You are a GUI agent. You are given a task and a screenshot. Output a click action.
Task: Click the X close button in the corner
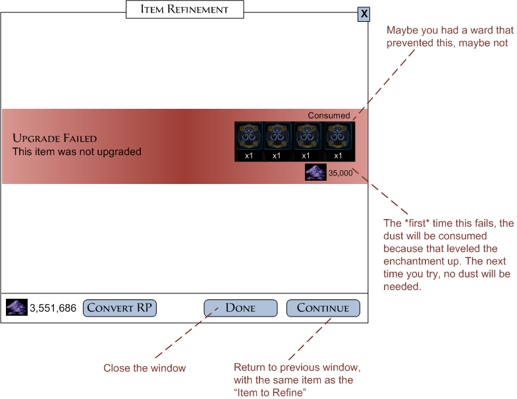coord(364,15)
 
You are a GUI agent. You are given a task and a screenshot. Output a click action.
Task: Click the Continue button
coord(323,308)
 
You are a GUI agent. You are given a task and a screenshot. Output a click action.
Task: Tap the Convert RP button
coord(119,308)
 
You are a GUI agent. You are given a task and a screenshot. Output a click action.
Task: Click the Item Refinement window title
coord(184,9)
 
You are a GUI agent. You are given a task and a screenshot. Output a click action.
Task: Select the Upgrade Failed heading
coord(55,138)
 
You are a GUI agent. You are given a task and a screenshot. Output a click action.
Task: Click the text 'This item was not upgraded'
coord(77,152)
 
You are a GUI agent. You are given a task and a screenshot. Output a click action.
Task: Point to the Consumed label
coord(329,115)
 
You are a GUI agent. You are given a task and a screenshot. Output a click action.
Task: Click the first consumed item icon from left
coord(249,137)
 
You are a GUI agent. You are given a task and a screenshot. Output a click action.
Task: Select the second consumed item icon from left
coord(277,137)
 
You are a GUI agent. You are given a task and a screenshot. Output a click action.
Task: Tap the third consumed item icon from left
coord(306,137)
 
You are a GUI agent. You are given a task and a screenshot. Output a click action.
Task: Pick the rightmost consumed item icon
coord(338,137)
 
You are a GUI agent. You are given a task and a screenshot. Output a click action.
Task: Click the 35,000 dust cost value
coord(340,173)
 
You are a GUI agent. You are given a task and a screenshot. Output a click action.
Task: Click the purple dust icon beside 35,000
coord(315,173)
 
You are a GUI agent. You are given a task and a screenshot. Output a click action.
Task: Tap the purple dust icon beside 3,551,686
coord(16,307)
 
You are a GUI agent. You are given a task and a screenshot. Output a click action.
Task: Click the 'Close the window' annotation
coord(144,368)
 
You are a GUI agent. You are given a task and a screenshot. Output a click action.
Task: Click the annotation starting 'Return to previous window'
coord(297,379)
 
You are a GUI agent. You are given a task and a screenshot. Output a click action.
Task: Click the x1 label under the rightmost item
coord(338,156)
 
